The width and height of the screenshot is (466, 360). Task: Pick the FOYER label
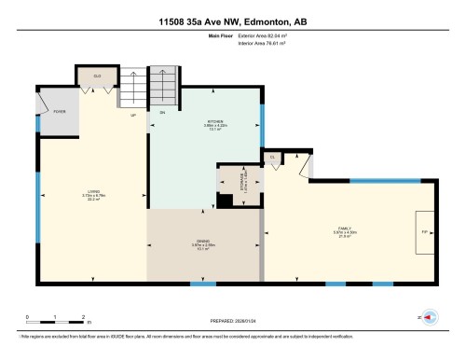tap(59, 111)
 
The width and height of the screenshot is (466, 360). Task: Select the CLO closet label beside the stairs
tap(97, 75)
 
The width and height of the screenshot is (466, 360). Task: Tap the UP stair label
tap(133, 115)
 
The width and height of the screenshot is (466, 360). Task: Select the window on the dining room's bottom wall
tap(196, 283)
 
